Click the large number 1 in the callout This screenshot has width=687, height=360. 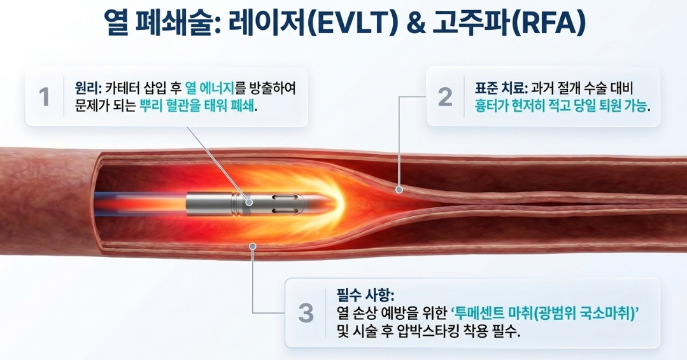[x=45, y=97]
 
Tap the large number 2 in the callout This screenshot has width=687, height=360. [x=445, y=97]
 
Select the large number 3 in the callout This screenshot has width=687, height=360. [x=306, y=313]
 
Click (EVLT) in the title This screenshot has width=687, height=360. [x=353, y=23]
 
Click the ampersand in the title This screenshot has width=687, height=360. [x=416, y=23]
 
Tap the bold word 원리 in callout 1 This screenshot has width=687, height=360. [x=87, y=88]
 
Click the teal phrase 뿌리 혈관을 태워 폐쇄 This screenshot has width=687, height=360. [x=197, y=106]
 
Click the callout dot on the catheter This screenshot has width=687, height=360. [x=249, y=202]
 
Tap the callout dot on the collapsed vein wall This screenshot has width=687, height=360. [x=399, y=190]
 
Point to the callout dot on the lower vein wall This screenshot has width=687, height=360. [x=252, y=246]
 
